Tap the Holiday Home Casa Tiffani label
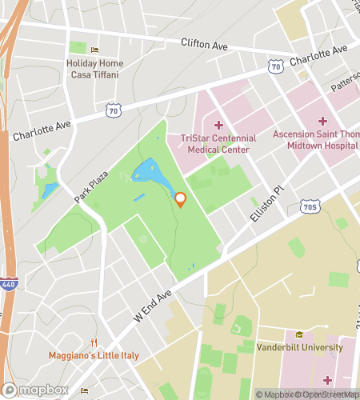pyautogui.click(x=92, y=69)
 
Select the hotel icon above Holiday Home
pyautogui.click(x=94, y=50)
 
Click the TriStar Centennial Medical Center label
pyautogui.click(x=218, y=143)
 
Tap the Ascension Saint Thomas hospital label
pyautogui.click(x=315, y=139)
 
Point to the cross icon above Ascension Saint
pyautogui.click(x=322, y=121)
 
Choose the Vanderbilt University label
pyautogui.click(x=300, y=347)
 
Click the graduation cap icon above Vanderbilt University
pyautogui.click(x=300, y=334)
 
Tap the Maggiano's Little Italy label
pyautogui.click(x=94, y=355)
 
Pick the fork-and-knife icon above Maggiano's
pyautogui.click(x=94, y=342)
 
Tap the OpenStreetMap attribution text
pyautogui.click(x=327, y=394)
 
